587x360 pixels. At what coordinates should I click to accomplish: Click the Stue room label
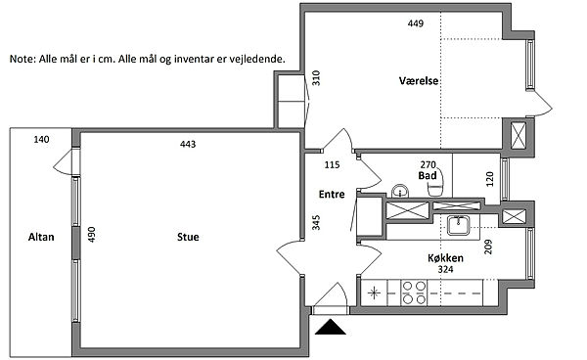coord(188,237)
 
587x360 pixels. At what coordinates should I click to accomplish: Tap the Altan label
coord(41,237)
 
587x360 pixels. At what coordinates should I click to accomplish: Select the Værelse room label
coord(419,81)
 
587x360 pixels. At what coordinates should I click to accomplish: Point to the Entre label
coord(332,195)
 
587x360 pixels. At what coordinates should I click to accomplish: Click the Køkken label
coord(445,258)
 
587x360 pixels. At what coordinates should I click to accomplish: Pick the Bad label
coord(428,175)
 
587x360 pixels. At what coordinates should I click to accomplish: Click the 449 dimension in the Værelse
coord(416,23)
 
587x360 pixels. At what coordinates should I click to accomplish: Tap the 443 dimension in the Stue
coord(188,144)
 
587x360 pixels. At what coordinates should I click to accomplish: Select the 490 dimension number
coord(92,235)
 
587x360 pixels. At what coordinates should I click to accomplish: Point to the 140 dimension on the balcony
coord(41,140)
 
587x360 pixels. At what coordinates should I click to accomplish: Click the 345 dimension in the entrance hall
coord(316,222)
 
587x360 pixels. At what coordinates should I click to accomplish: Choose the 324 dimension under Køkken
coord(445,269)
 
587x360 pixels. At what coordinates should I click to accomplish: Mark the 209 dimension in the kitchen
coord(488,247)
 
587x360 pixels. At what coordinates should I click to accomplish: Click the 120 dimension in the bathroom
coord(490,179)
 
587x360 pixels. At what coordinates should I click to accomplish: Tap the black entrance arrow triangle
coord(331,327)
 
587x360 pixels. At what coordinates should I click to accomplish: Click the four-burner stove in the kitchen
coord(414,292)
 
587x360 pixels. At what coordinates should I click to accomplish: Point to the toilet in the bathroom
coord(435,183)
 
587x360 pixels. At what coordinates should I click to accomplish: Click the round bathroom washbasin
coord(400,191)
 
